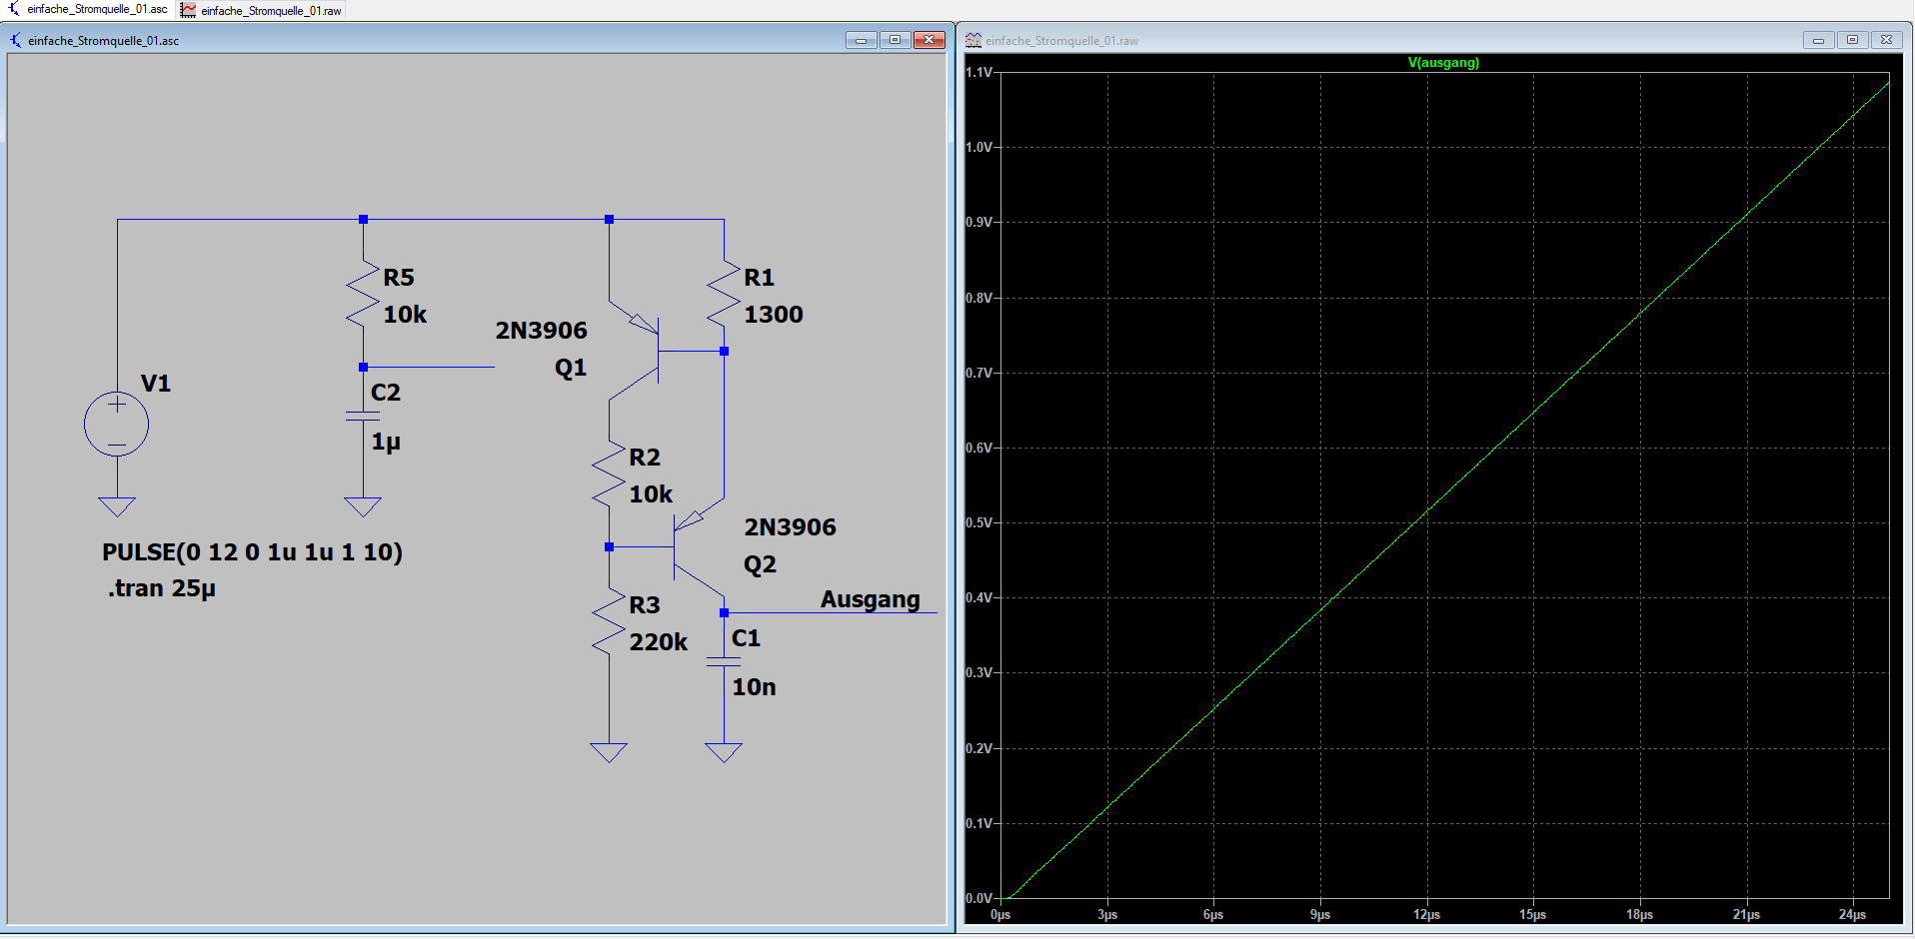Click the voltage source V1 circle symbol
click(117, 425)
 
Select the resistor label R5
click(399, 278)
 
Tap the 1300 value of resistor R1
click(774, 315)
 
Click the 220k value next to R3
click(659, 642)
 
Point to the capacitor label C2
click(386, 393)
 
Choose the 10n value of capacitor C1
click(754, 687)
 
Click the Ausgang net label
click(871, 599)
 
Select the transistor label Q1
click(571, 369)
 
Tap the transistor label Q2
click(760, 565)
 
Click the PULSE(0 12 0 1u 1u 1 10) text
click(252, 552)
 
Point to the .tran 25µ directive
click(162, 588)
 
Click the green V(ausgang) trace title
click(1443, 63)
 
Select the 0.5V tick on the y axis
click(979, 522)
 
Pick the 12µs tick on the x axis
click(1426, 914)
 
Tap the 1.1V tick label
click(979, 72)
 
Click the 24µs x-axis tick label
click(1852, 914)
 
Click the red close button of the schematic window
click(929, 40)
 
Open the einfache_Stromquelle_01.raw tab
click(262, 10)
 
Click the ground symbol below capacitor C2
click(363, 506)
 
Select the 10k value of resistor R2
click(651, 494)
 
